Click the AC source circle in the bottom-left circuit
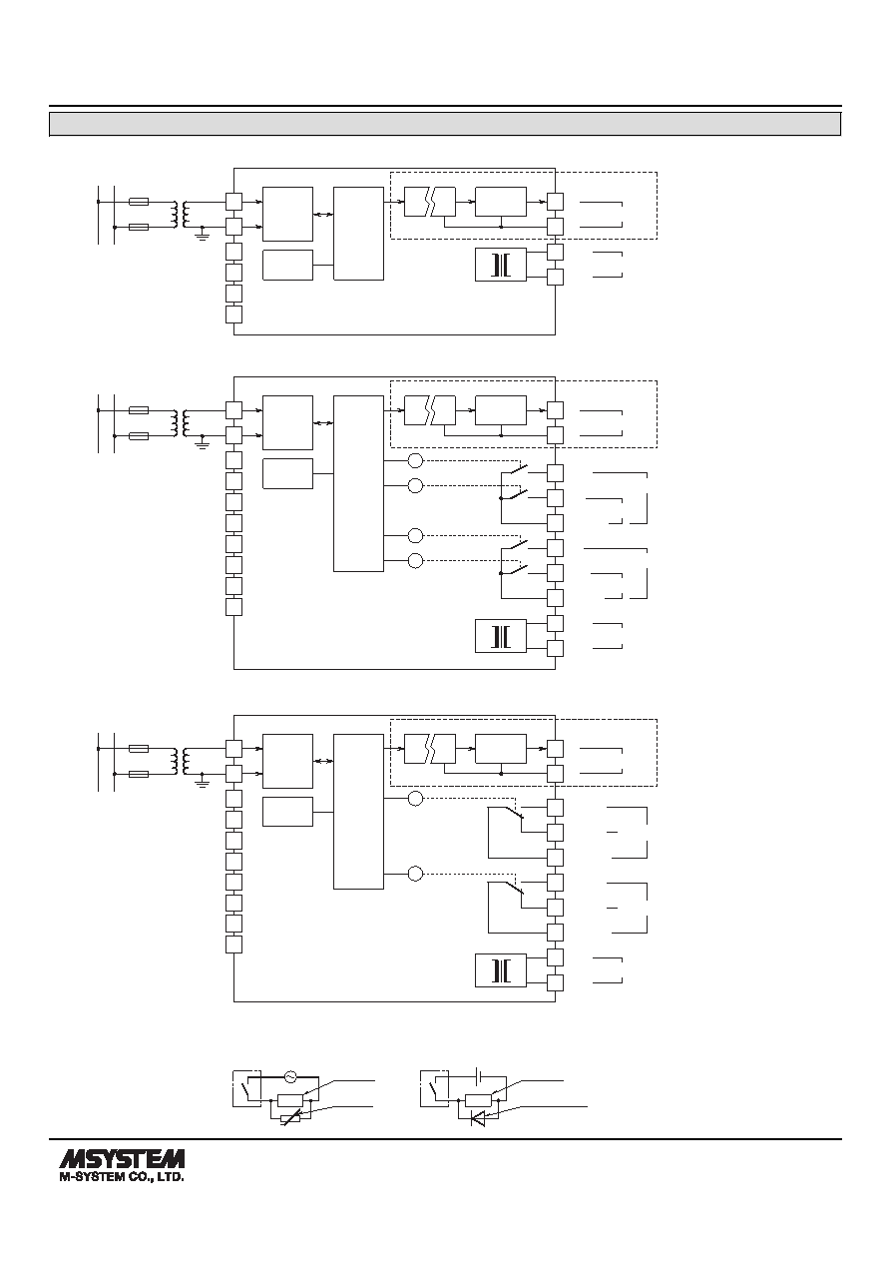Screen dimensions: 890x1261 (x=290, y=1076)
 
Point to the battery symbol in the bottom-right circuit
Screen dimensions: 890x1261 (x=478, y=1075)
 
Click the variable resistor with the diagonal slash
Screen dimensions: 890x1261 (x=290, y=1119)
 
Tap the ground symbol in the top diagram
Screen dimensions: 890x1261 (x=202, y=236)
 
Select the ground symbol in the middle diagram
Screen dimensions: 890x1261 (x=202, y=444)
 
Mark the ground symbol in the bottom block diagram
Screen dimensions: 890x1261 (x=202, y=783)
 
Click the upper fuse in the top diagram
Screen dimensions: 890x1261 (x=139, y=201)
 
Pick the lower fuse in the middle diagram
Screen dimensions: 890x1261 (x=139, y=435)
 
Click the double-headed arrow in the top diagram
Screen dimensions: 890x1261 (x=323, y=215)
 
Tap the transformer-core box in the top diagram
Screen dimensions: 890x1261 (x=501, y=265)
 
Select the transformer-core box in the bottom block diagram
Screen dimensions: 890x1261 (x=501, y=970)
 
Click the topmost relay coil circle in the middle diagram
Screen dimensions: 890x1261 (x=415, y=460)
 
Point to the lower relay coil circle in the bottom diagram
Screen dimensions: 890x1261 (x=415, y=874)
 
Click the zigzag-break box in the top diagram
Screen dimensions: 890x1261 (x=430, y=202)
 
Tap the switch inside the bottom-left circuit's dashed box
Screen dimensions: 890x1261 (x=247, y=1090)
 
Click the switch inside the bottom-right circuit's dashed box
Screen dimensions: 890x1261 (x=434, y=1090)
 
